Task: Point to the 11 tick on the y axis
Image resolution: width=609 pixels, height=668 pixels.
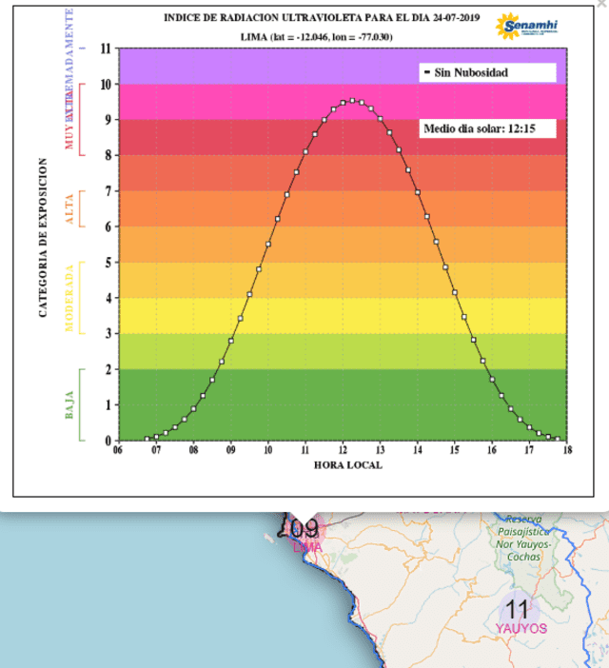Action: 106,49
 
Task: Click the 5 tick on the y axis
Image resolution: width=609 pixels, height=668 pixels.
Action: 108,263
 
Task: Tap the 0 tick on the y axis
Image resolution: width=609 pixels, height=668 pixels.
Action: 108,441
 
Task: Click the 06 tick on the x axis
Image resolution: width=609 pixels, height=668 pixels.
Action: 118,451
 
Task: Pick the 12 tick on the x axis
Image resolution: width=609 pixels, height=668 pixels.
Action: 343,451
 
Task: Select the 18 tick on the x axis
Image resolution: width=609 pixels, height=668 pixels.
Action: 567,451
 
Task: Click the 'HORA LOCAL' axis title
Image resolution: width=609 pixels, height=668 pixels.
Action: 347,465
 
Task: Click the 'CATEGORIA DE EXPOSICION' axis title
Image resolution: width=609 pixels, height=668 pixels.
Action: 44,238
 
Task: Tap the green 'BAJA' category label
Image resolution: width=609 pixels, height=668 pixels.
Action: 70,405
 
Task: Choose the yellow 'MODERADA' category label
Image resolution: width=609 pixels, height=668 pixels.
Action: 69,297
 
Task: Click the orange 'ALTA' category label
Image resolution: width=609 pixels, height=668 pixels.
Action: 69,208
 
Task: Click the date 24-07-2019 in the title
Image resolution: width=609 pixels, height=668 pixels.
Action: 451,17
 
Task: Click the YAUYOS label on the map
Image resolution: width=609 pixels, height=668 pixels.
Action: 521,629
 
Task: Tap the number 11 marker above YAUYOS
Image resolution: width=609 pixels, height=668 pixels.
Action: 517,608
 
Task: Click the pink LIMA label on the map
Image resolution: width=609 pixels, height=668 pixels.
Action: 307,547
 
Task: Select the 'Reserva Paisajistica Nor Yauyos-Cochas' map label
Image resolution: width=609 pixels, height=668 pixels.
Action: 523,538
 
